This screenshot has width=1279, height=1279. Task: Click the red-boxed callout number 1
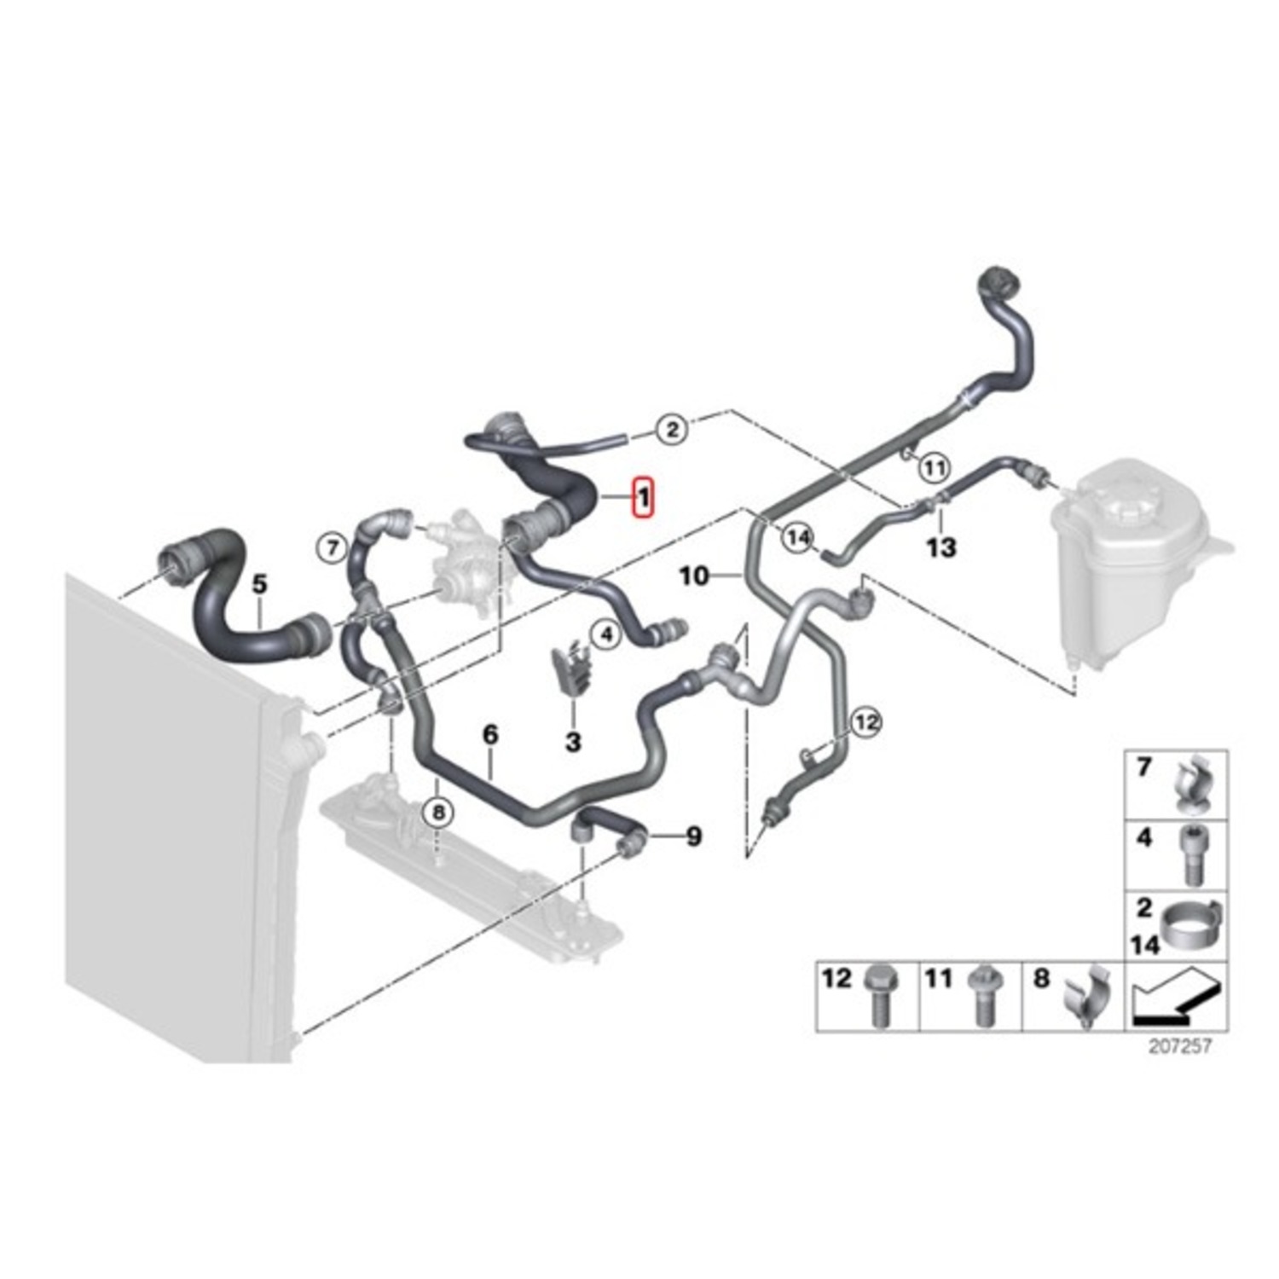(x=642, y=497)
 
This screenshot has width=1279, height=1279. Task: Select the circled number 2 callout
(x=672, y=428)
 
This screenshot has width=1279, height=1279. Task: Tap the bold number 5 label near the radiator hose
(x=259, y=585)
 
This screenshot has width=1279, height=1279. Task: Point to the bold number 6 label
(x=490, y=734)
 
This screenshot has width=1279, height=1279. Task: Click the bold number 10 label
(x=694, y=576)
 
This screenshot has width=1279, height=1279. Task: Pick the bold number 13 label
(x=941, y=547)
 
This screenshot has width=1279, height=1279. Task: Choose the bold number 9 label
(x=694, y=836)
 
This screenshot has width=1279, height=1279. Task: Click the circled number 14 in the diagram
(x=798, y=538)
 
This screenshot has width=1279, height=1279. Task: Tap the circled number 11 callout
(x=935, y=467)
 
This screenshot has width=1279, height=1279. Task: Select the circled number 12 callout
(x=865, y=723)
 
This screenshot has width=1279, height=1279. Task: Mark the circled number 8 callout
(x=438, y=813)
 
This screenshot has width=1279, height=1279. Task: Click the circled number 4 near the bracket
(x=606, y=634)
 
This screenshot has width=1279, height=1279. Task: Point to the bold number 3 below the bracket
(x=573, y=741)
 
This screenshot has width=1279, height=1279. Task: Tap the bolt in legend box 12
(x=877, y=996)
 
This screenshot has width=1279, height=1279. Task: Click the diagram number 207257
(x=1179, y=1046)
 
